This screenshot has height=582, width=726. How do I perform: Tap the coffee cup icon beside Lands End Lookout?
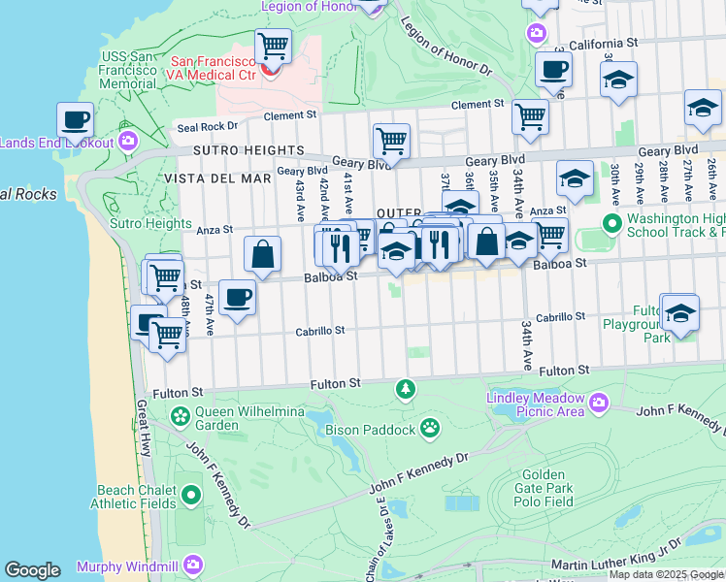coord(75,121)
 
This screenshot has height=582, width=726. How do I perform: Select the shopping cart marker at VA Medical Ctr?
coord(274,45)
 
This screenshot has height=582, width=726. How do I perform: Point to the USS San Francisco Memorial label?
coord(129,70)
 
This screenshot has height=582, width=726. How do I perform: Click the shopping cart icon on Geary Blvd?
coord(391,142)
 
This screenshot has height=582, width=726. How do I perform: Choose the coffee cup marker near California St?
coord(553,70)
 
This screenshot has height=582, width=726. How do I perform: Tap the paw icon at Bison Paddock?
coord(429,428)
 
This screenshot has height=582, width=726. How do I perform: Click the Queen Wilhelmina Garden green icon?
coord(180,416)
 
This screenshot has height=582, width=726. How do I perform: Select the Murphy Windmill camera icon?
coord(194,564)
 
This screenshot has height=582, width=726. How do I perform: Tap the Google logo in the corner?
coord(32,570)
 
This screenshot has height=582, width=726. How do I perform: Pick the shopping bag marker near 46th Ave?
coord(262,255)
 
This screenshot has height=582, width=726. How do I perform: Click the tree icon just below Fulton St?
coord(405,389)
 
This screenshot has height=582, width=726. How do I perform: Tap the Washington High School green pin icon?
coord(611,225)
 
